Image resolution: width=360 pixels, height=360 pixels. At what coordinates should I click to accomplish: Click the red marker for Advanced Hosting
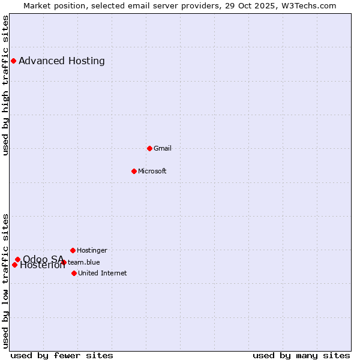(13, 61)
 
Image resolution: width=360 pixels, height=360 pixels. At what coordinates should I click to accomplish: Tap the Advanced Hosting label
(62, 61)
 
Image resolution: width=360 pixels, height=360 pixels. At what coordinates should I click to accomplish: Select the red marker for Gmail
(149, 148)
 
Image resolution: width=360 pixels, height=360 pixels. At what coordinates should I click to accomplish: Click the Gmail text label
(163, 148)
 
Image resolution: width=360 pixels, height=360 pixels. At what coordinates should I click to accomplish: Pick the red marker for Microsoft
(134, 171)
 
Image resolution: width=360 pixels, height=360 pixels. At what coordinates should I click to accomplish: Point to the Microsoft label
(152, 171)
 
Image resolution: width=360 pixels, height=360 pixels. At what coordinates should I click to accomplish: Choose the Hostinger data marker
(73, 250)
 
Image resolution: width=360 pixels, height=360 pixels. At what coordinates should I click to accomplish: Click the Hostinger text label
(92, 250)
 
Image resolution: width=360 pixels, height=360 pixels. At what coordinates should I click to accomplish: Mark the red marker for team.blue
(64, 262)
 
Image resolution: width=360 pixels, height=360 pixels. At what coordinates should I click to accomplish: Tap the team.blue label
(84, 262)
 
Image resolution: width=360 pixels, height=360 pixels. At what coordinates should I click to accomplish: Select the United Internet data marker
(74, 273)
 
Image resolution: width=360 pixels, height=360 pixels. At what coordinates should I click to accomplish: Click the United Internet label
(103, 273)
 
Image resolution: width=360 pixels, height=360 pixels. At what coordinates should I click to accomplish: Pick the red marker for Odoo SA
(17, 259)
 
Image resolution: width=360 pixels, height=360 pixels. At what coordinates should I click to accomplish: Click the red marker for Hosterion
(14, 265)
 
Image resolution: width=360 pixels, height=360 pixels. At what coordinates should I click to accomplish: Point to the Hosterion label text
(43, 266)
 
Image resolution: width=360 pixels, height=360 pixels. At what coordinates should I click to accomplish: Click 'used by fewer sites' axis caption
(62, 355)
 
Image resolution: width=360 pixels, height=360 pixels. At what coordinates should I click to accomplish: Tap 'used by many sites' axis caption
(301, 355)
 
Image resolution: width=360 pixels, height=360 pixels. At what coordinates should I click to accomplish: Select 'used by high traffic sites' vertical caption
(5, 85)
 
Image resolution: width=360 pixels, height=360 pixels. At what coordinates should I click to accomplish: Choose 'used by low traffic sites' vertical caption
(5, 281)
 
